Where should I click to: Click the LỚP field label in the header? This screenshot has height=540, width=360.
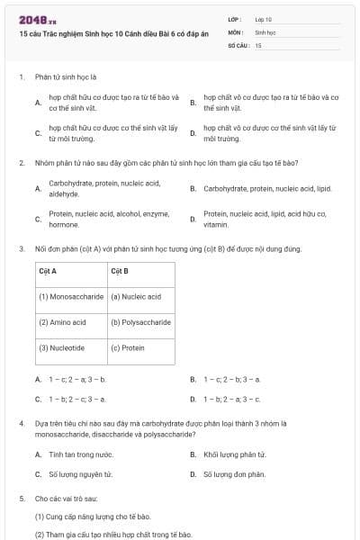(235, 19)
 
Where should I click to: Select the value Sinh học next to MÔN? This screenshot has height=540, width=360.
(265, 31)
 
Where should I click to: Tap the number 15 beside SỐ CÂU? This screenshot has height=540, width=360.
(258, 44)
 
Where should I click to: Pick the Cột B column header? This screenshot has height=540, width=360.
(120, 270)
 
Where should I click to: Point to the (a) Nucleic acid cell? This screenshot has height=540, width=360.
(136, 296)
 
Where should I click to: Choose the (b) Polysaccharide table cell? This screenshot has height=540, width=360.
(140, 321)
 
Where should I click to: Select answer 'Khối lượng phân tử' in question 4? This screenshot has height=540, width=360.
(234, 455)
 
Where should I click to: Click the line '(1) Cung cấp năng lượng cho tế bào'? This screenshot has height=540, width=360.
(92, 517)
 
